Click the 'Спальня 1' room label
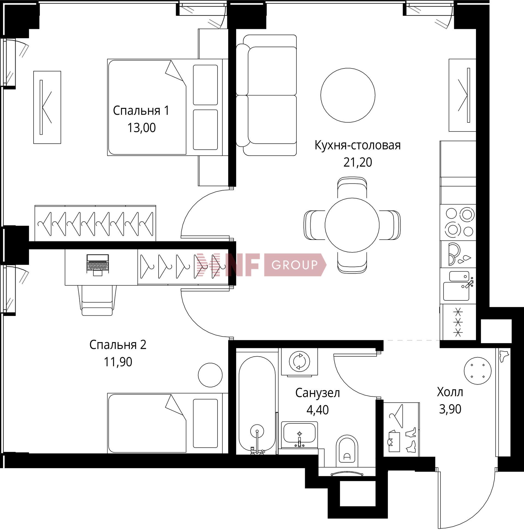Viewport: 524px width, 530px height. click(141, 111)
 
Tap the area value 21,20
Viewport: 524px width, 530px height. click(358, 162)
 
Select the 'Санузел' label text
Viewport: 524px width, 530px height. click(317, 393)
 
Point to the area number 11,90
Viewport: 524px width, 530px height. click(118, 362)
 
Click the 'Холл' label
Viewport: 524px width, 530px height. click(450, 392)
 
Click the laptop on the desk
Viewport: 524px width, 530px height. click(97, 265)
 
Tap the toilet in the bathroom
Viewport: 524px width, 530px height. click(347, 451)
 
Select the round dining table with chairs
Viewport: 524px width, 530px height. click(352, 225)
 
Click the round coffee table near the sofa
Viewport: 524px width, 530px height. click(348, 95)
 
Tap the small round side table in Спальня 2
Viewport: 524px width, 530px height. click(210, 375)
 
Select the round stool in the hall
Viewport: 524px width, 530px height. click(477, 371)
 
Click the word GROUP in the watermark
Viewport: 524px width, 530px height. click(294, 265)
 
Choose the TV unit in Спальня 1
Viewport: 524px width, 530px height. click(47, 107)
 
